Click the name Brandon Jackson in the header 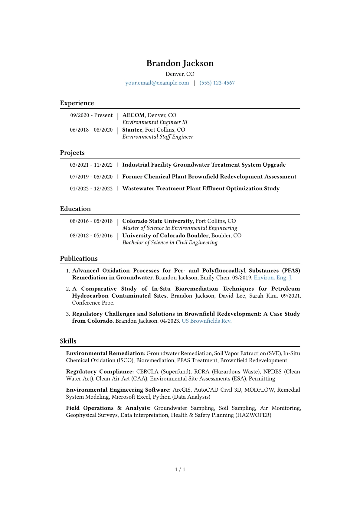tap(180, 63)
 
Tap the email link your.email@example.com tap(157, 83)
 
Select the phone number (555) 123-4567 tap(217, 83)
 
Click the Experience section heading tap(77, 103)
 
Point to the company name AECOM tap(133, 115)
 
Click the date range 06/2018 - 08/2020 tap(91, 130)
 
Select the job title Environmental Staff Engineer tap(158, 137)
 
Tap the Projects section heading tap(72, 153)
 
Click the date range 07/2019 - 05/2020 tap(91, 177)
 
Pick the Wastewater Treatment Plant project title tap(201, 188)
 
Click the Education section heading tap(75, 209)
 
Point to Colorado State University tap(157, 221)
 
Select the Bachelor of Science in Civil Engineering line tap(170, 243)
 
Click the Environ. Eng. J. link tap(273, 278)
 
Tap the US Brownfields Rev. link tap(207, 321)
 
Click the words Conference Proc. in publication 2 tap(93, 303)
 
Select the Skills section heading tap(68, 341)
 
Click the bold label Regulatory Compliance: tap(100, 372)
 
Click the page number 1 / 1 tap(180, 469)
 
